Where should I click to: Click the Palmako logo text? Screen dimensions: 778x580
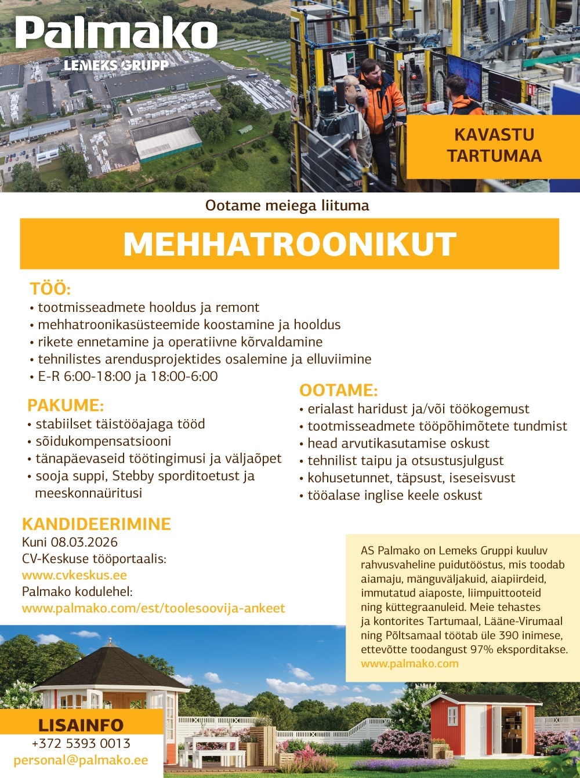116,34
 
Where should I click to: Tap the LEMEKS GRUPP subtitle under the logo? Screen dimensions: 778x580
116,65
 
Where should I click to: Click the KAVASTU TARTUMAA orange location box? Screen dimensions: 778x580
494,146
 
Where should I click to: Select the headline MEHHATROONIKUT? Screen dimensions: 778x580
289,244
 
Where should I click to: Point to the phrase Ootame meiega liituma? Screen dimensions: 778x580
287,205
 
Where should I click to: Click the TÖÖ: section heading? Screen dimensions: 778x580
50,289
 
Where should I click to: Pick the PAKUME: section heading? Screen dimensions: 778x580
66,405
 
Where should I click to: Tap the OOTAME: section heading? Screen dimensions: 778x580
338,390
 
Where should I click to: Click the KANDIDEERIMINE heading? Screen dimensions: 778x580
96,524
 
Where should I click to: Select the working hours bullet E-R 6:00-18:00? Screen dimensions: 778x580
127,376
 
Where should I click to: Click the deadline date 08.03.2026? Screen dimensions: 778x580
84,542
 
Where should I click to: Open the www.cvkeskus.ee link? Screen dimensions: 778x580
74,575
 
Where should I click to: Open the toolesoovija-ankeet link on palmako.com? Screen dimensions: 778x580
153,608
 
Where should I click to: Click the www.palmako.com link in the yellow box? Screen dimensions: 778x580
409,663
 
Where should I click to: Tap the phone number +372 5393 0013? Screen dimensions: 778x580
81,743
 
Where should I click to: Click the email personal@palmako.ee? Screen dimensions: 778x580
81,760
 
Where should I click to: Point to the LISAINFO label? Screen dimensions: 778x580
81,725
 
